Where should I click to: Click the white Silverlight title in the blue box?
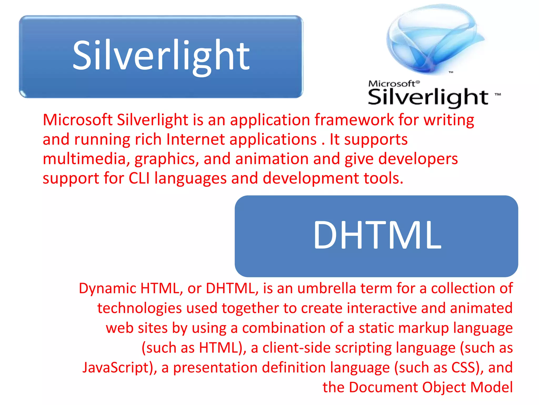coord(161,56)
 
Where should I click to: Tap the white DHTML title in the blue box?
coord(377,235)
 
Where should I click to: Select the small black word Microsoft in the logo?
coord(392,84)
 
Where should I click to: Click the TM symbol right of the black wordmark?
coord(498,94)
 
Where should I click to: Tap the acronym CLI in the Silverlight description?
coord(139,178)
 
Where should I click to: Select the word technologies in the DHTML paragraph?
coord(139,308)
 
